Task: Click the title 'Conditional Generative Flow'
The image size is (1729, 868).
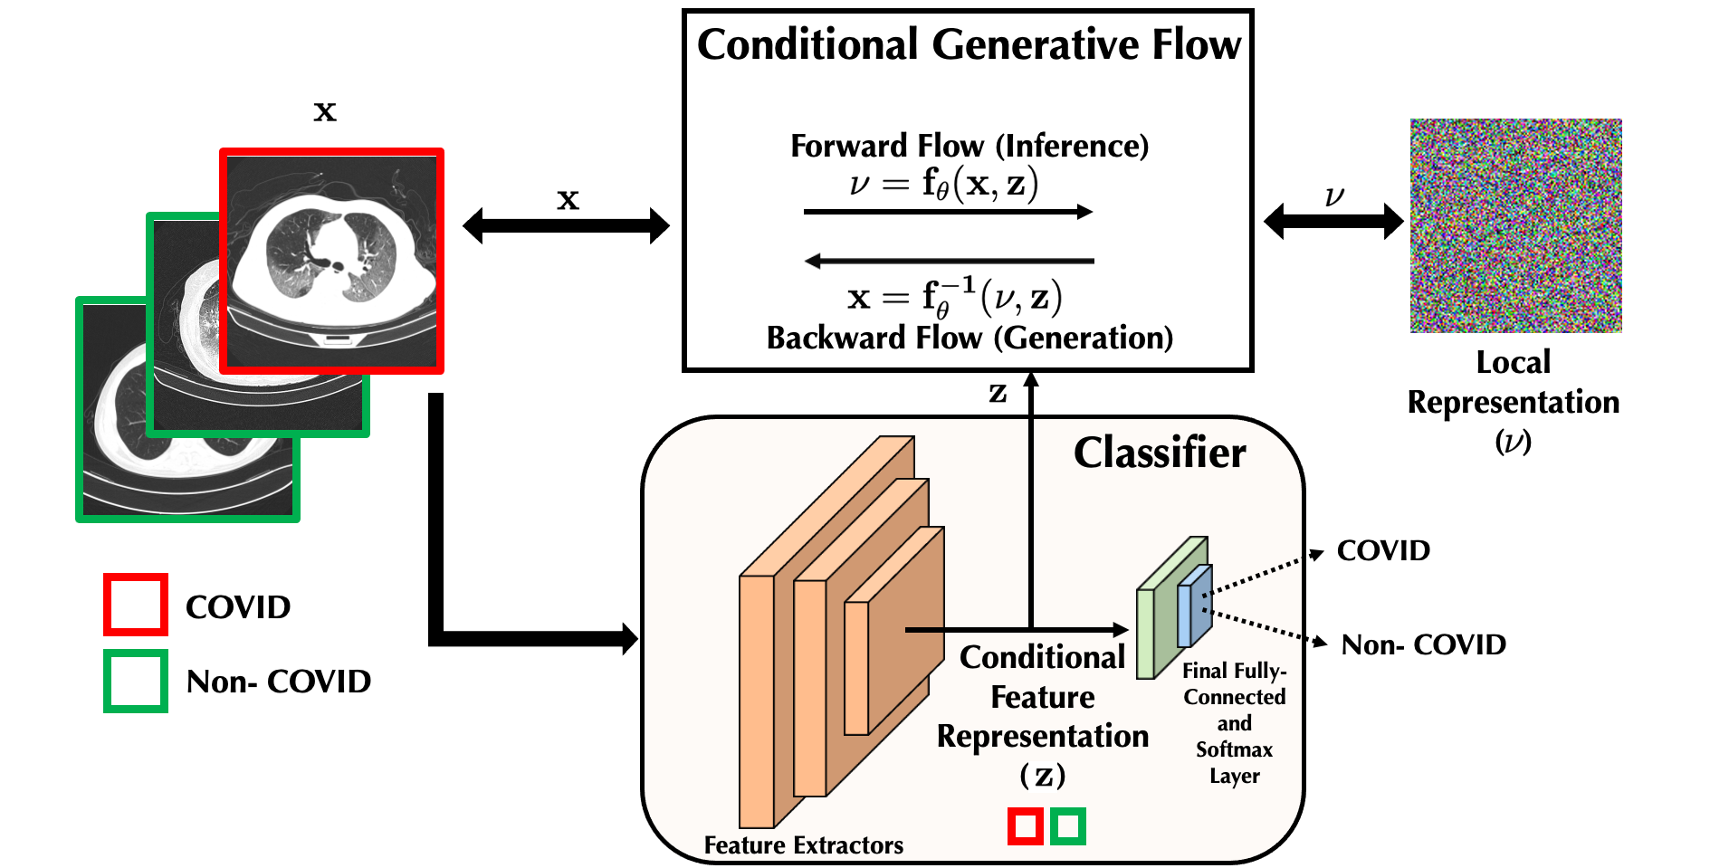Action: [968, 45]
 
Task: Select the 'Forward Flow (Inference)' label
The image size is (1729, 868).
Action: [969, 146]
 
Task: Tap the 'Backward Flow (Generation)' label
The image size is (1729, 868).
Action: [969, 339]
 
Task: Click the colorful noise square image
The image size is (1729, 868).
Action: [1515, 225]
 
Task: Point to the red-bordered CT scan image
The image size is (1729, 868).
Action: [332, 261]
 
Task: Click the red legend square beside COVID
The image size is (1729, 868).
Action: [136, 605]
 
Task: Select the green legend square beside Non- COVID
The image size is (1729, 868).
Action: [136, 681]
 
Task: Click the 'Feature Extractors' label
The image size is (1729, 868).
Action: [803, 845]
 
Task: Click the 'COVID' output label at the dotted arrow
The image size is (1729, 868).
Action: [1383, 550]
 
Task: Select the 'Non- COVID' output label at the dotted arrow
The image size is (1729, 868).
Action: [1423, 644]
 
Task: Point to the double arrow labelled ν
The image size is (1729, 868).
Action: [1333, 221]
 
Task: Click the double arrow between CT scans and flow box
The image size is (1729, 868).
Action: [566, 225]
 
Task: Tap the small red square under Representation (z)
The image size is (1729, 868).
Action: [1026, 826]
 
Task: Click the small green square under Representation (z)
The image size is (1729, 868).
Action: [1068, 826]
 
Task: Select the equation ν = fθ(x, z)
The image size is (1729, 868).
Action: [943, 184]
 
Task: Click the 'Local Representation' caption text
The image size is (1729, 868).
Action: [1513, 383]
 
